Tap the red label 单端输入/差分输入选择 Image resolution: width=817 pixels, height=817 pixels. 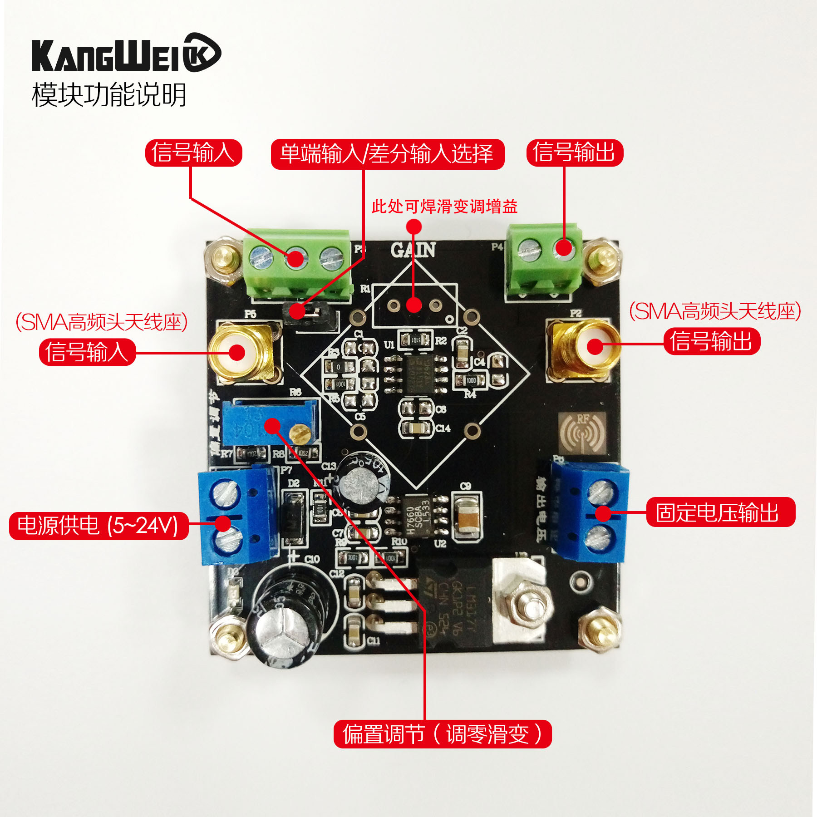pos(387,154)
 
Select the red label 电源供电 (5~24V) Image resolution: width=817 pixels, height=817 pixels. pos(98,526)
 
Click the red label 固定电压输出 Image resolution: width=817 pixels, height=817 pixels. pos(720,512)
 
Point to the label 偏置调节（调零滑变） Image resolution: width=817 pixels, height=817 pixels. pos(442,734)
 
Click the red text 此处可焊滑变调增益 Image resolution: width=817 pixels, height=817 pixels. pos(444,207)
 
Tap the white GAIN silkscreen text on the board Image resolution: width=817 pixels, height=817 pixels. pos(413,250)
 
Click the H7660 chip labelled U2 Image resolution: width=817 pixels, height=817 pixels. pos(415,515)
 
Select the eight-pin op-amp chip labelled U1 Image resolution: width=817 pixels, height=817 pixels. pos(415,373)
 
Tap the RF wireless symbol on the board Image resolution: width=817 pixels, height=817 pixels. pos(582,433)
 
